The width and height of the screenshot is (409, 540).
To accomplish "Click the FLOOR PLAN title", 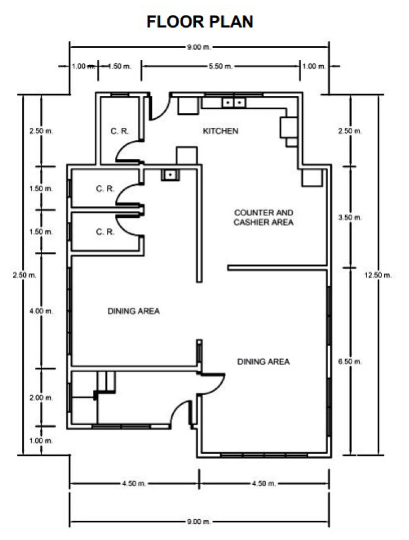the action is point(200,22).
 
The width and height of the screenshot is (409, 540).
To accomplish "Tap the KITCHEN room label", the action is point(220,131).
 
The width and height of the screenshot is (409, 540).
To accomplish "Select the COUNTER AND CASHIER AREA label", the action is point(263,217).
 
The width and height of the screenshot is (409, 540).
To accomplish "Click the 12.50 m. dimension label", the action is point(378,275).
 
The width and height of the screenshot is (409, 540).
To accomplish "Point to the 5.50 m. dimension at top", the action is point(220,66).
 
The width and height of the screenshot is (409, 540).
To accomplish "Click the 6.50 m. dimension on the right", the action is point(350,362).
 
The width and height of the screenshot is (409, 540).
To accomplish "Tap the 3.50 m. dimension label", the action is point(350,217).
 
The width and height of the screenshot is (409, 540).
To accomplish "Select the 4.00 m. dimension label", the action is point(41,311).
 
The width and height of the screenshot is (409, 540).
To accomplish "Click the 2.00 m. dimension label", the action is point(41,398).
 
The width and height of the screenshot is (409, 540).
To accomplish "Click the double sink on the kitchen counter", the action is point(234,103).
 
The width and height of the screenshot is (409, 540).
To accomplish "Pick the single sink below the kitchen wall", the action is point(170,175).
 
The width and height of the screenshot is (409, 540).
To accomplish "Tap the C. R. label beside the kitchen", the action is point(119,131).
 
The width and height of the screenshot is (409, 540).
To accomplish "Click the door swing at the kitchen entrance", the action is point(160,108).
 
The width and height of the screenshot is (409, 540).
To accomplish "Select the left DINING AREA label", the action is point(133,311).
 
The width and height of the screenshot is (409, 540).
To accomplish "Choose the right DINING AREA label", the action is point(263,362).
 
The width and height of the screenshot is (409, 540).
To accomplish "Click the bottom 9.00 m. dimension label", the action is point(199,522).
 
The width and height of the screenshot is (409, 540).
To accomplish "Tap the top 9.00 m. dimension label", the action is point(199,47).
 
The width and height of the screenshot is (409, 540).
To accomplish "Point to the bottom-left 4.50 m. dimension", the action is point(134,484).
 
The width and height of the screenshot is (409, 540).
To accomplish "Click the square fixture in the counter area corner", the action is point(312,178).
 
